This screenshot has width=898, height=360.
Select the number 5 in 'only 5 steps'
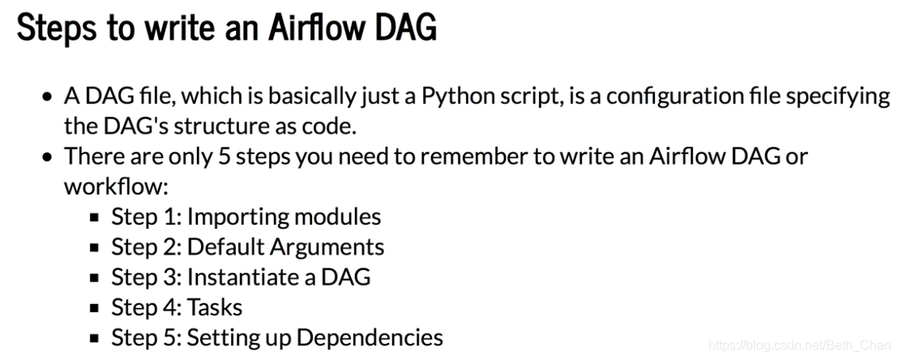[x=224, y=156]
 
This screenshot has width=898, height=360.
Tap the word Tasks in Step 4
[x=215, y=307]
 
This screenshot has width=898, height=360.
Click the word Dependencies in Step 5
[x=370, y=337]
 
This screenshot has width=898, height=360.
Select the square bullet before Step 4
[x=95, y=308]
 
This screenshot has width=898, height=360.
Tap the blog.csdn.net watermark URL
[x=799, y=345]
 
